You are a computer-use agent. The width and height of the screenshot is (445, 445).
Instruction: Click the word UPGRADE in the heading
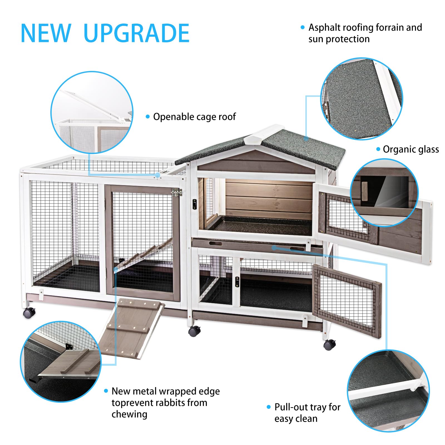click(136, 33)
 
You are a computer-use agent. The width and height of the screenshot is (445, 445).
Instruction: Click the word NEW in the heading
click(46, 33)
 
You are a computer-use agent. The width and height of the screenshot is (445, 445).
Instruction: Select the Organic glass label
click(411, 149)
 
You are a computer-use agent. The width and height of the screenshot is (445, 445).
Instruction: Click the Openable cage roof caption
click(194, 117)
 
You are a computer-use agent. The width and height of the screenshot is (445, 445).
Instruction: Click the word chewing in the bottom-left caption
click(129, 414)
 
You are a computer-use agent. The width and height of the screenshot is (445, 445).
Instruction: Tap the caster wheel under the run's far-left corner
click(29, 313)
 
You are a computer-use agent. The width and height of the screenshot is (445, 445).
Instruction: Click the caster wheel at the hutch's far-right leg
click(329, 345)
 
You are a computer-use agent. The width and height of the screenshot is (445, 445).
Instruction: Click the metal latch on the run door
click(176, 192)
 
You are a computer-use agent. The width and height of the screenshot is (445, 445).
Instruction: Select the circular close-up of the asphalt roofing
click(362, 99)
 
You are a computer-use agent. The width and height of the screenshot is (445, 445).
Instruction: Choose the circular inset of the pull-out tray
click(388, 391)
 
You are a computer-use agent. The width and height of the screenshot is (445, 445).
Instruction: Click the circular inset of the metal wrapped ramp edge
click(61, 362)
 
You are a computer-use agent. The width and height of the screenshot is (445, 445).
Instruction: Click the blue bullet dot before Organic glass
click(378, 149)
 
